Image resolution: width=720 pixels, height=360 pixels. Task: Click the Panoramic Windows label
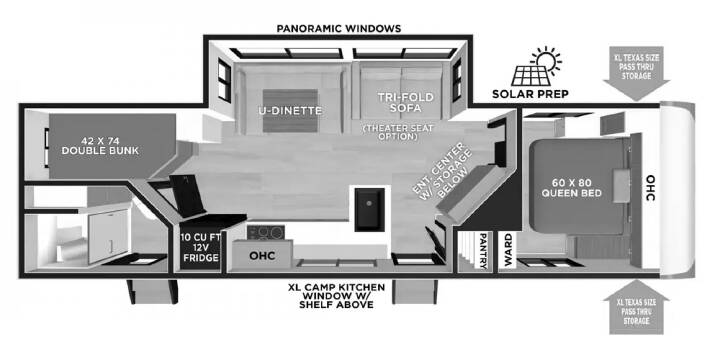(338, 28)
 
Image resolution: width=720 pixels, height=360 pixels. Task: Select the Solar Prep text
(530, 94)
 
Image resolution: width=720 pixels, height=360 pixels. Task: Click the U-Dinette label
(290, 111)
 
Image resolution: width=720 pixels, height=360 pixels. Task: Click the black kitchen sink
(369, 209)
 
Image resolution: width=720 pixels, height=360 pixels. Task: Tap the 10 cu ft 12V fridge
(201, 248)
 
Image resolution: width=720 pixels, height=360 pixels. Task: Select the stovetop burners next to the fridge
(264, 232)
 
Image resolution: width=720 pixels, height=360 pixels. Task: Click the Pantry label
(482, 250)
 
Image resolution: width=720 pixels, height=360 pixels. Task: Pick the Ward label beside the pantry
(507, 250)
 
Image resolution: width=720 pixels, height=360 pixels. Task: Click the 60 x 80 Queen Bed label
(571, 187)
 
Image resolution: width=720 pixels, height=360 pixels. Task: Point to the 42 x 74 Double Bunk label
(100, 145)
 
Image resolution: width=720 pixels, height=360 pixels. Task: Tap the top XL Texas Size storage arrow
(636, 73)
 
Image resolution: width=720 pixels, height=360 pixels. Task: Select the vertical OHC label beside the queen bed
(651, 188)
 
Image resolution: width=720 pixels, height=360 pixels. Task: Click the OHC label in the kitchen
(262, 255)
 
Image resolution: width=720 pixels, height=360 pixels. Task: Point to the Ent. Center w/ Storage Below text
(442, 171)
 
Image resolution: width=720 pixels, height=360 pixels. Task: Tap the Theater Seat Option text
(398, 132)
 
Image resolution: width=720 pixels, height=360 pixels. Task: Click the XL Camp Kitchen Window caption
(336, 295)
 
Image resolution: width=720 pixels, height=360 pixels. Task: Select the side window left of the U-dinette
(224, 80)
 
